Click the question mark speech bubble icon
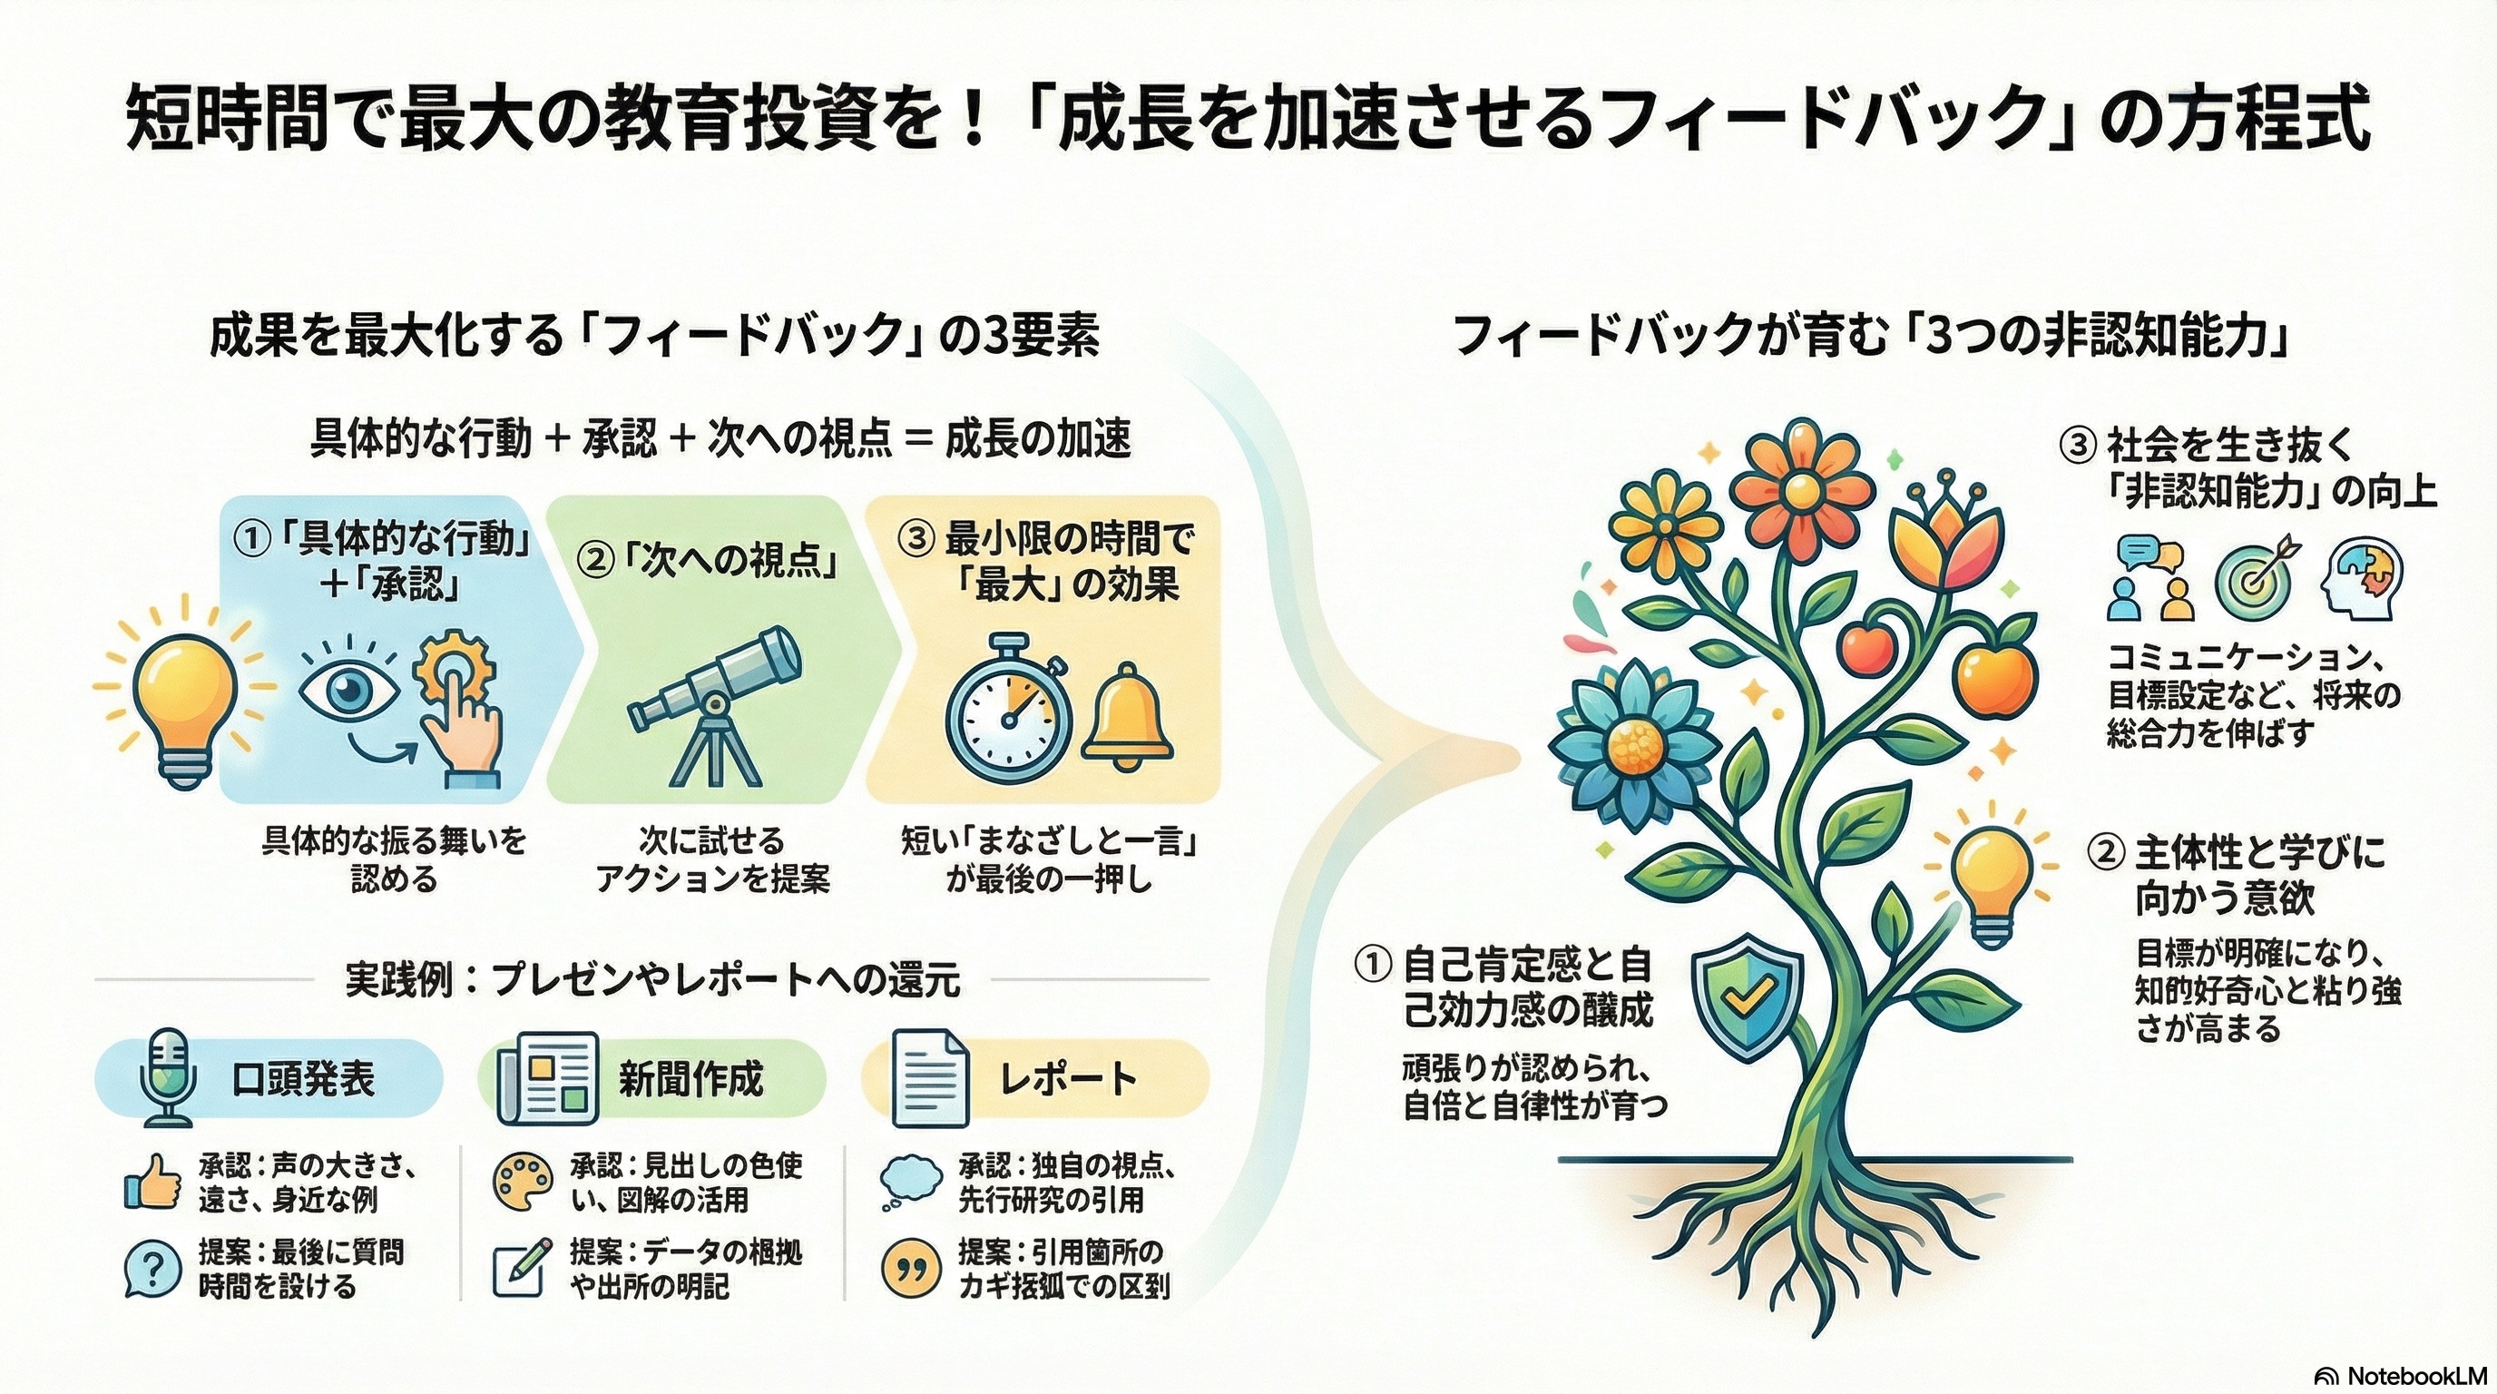[x=153, y=1269]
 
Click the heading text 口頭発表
[x=302, y=1078]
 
